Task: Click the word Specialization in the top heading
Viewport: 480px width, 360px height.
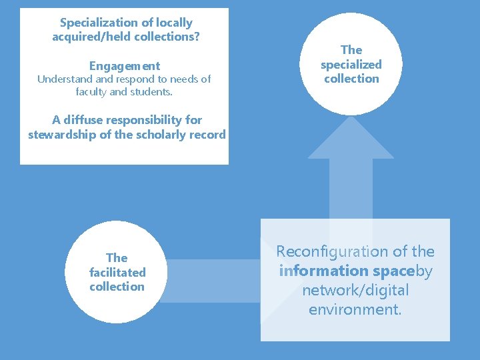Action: tap(97, 23)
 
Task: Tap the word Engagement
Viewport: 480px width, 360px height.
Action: tap(125, 66)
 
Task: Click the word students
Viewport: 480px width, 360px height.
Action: tap(151, 91)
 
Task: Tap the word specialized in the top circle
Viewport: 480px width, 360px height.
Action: tap(351, 65)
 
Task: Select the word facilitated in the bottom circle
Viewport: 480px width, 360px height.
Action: tap(117, 272)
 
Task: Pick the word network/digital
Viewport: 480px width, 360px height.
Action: tap(355, 290)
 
